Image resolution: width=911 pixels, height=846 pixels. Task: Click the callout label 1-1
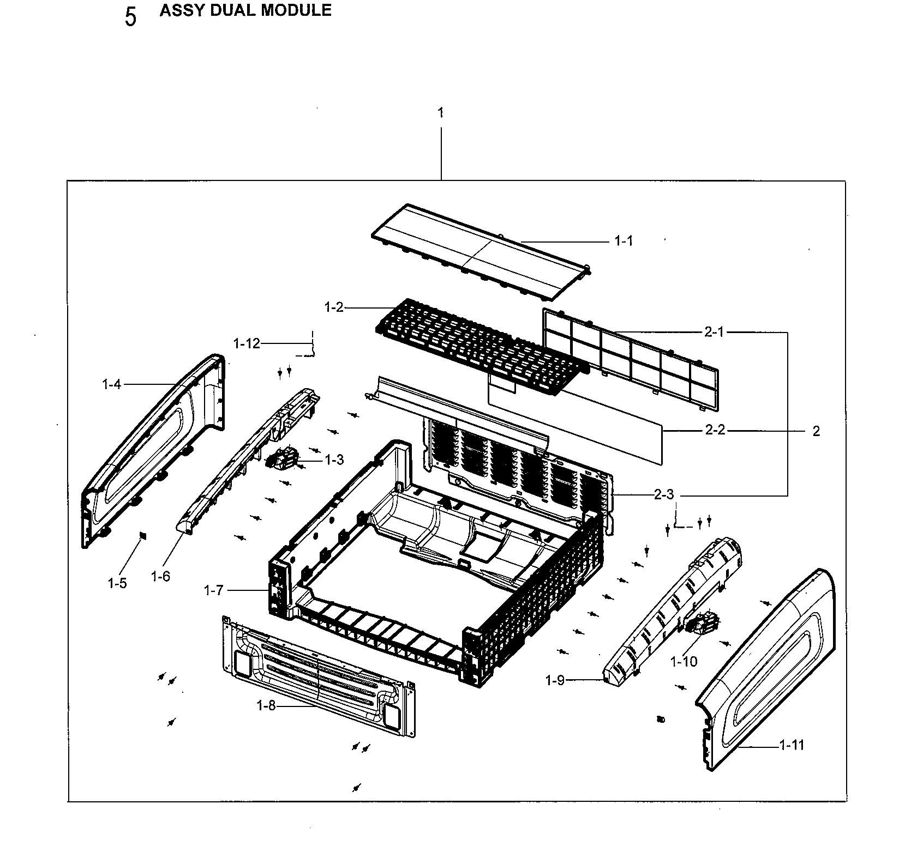[x=624, y=240]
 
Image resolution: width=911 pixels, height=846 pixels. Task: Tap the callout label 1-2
[x=334, y=307]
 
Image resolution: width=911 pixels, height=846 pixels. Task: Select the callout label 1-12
[x=247, y=343]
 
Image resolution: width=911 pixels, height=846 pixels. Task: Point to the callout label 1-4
[x=111, y=384]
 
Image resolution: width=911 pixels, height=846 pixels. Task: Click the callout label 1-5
[x=117, y=583]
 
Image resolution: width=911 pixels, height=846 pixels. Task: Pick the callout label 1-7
[x=213, y=590]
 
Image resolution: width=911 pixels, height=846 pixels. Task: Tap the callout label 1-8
[x=266, y=705]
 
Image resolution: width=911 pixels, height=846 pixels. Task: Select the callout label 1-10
[x=684, y=661]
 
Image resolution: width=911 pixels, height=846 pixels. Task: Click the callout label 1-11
[x=792, y=745]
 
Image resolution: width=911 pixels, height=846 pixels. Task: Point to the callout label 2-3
[x=664, y=494]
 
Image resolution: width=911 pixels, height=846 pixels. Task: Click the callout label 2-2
[x=715, y=431]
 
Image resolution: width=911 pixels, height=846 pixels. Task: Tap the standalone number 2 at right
[x=816, y=431]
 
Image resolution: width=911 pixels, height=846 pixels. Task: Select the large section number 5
[x=130, y=17]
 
